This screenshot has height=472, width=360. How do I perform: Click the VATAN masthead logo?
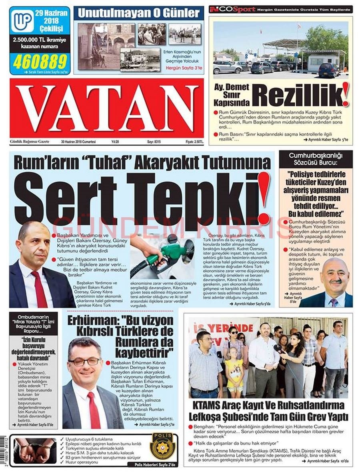[x=106, y=108]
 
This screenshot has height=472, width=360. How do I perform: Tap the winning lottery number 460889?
[x=40, y=61]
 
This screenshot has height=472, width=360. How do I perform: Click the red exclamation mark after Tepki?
[x=263, y=198]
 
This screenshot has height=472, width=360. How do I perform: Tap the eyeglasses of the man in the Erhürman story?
[x=84, y=361]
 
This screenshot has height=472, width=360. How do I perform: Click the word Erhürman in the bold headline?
[x=90, y=321]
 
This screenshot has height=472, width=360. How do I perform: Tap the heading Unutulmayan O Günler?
[x=138, y=13]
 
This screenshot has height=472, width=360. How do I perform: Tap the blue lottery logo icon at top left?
[x=22, y=21]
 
